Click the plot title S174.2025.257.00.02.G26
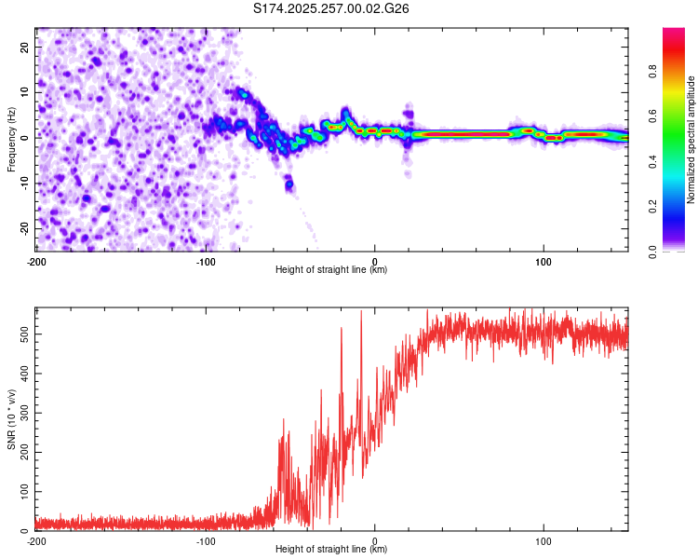[x=331, y=8]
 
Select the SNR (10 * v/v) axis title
[x=11, y=420]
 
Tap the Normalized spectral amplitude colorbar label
[x=691, y=139]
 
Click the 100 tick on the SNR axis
[x=22, y=490]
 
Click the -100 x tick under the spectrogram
[x=206, y=261]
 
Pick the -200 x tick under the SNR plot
[x=36, y=540]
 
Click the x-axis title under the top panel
[x=331, y=270]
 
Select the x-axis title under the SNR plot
[x=331, y=550]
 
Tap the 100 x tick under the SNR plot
[x=544, y=540]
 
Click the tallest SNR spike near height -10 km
[x=361, y=313]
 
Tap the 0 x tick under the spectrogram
[x=375, y=261]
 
